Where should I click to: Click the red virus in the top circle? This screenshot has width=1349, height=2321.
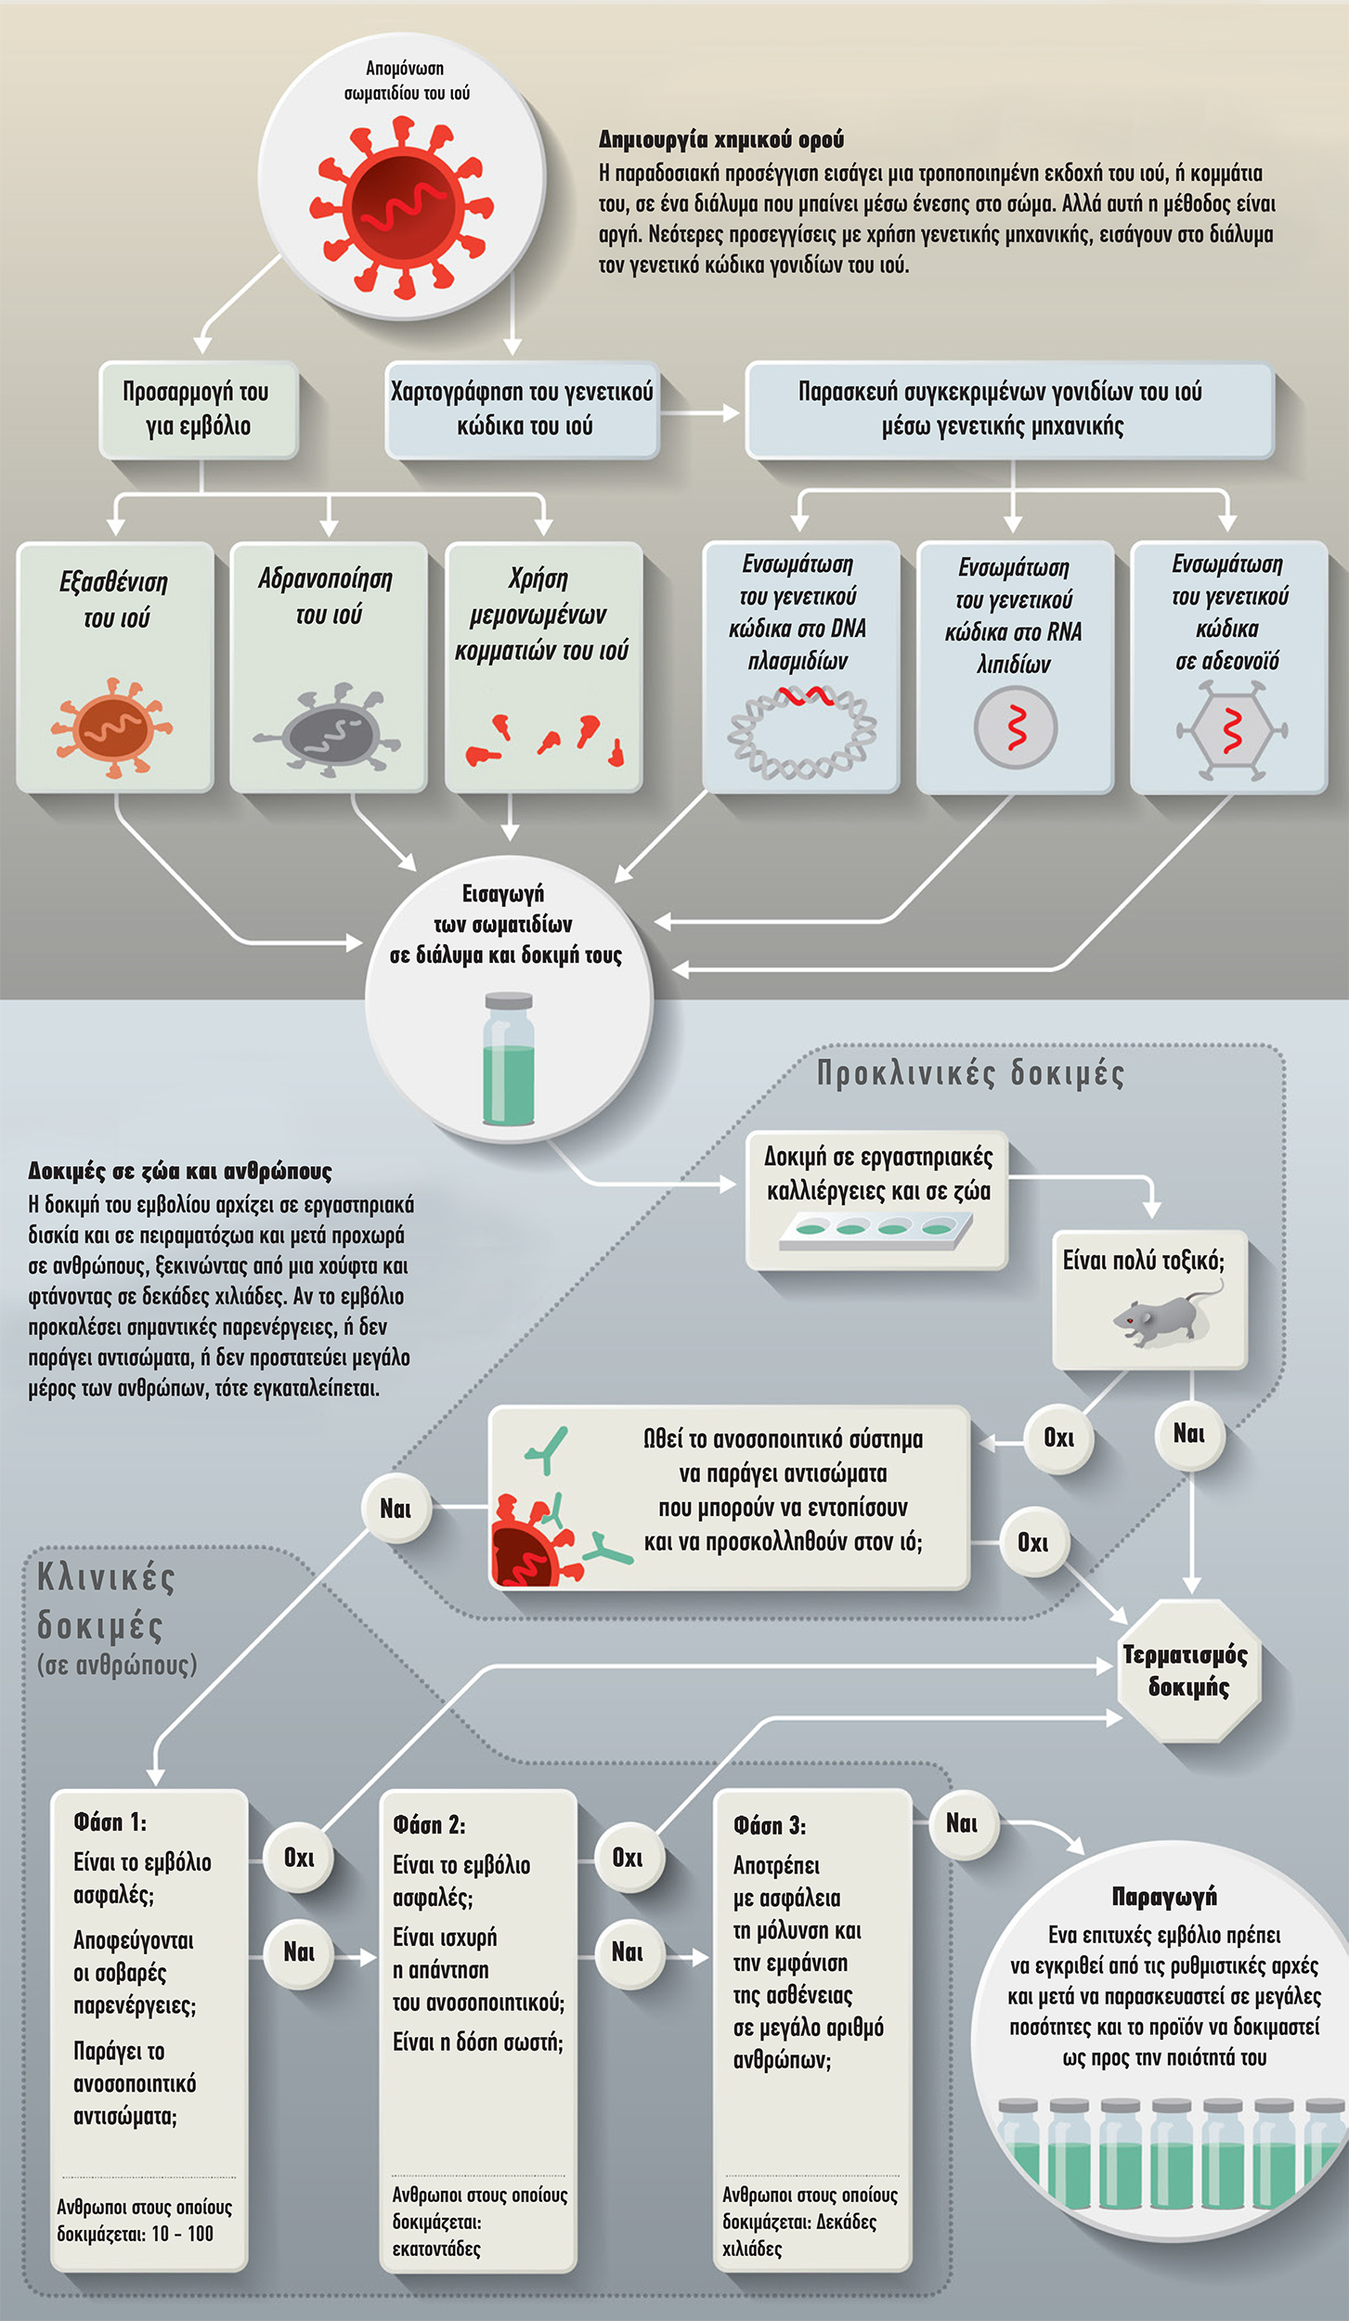tap(401, 206)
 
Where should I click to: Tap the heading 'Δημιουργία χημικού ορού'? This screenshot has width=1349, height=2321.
tap(721, 140)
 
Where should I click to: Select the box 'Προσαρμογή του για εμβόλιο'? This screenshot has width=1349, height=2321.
tap(198, 408)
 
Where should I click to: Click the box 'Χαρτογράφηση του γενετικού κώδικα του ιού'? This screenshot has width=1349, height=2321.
tap(523, 408)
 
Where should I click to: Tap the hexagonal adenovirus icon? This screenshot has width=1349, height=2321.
tap(1231, 730)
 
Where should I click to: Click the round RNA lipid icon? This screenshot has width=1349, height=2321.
tap(1016, 727)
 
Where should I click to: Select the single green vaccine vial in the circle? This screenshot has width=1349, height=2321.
tap(509, 1059)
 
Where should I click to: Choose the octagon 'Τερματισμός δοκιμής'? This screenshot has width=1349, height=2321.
tap(1188, 1670)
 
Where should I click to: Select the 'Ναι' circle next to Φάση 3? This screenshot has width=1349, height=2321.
tap(962, 1823)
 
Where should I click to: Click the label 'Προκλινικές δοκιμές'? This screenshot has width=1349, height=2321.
tap(970, 1073)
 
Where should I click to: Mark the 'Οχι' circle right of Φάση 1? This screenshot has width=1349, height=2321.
tap(299, 1857)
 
